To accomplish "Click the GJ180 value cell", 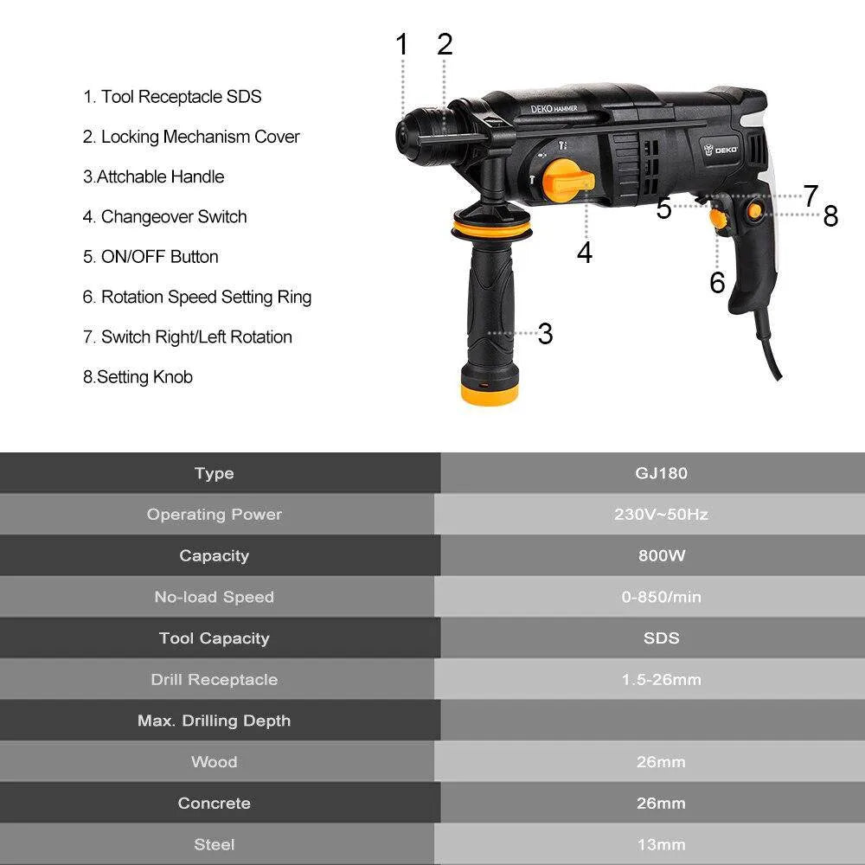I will (661, 473).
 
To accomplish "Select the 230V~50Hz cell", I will (661, 515).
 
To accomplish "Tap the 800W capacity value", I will (661, 555).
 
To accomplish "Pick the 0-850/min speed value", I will (661, 597).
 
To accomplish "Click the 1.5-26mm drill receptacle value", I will (661, 680).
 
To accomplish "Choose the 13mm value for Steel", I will (661, 844).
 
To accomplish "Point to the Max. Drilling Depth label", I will (214, 721).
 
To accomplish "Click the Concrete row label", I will (214, 803).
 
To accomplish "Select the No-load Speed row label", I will (214, 597).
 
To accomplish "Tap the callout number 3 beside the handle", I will (545, 334).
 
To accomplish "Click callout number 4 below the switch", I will (585, 253).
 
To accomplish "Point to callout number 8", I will (830, 216).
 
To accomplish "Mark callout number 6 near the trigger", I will (717, 283).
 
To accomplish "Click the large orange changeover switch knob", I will (570, 179).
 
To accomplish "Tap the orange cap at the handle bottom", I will (489, 394).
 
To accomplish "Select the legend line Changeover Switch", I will (165, 216).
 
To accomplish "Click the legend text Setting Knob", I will (138, 377).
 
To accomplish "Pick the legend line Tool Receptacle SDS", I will (172, 97).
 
